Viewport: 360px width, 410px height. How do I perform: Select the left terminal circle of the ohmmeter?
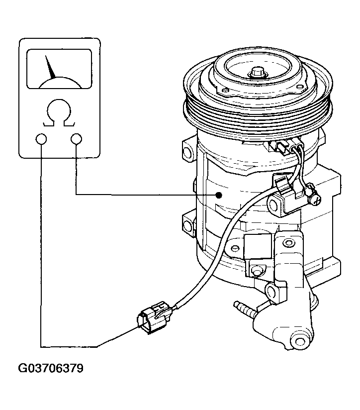pos(41,139)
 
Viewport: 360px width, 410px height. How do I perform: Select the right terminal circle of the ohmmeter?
pos(76,139)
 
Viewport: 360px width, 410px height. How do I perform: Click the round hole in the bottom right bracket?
pos(299,342)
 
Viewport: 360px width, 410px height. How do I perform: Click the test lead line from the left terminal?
pos(41,249)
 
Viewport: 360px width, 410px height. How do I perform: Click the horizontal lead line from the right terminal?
pos(144,194)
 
